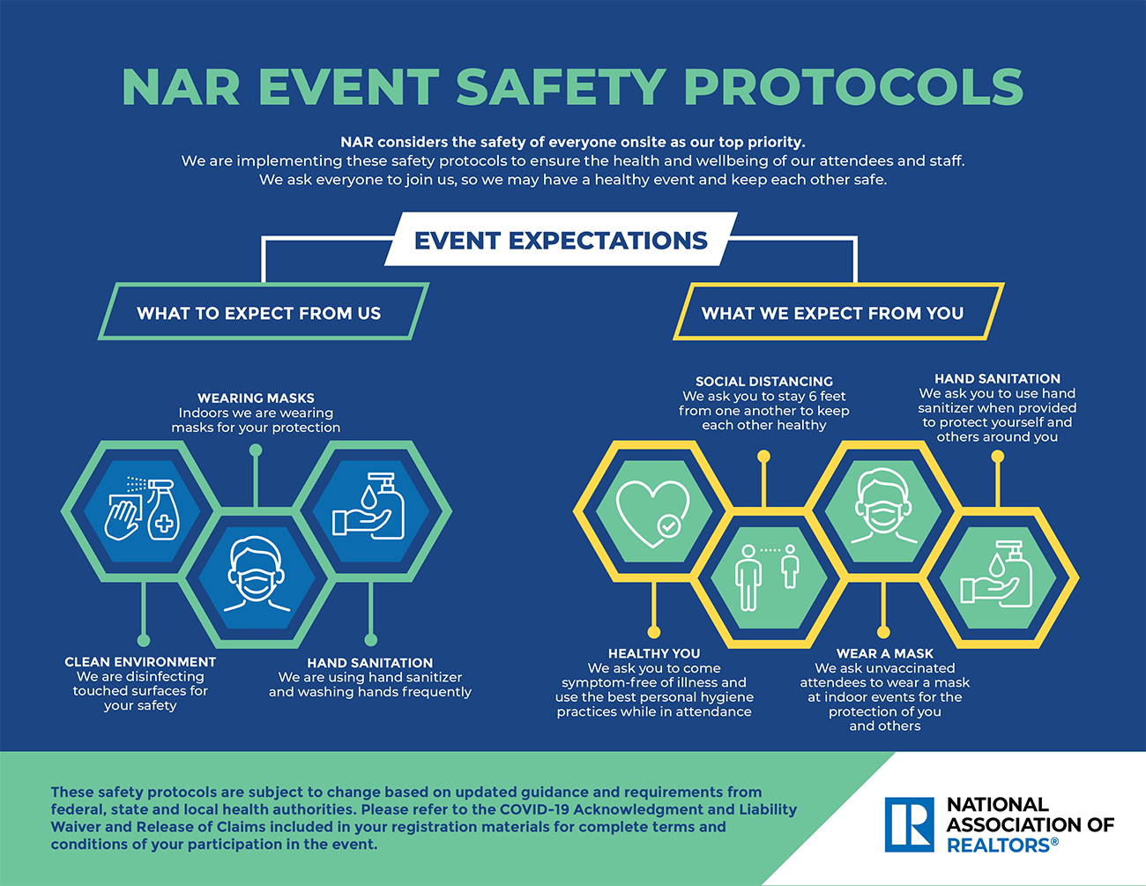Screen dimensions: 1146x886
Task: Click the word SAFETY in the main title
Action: coord(561,86)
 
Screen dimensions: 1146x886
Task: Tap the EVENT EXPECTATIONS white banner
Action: coord(561,239)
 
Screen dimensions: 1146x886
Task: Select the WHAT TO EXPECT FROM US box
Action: coord(264,312)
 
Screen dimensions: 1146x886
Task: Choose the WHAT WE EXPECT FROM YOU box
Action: coord(838,312)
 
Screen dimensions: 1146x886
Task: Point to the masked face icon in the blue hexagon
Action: coord(257,574)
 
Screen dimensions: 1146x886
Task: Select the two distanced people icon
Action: coord(767,577)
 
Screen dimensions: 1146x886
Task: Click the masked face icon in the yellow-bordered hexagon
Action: coord(884,506)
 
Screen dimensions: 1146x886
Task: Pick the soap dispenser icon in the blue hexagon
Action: coord(368,506)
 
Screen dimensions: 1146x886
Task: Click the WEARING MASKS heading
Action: coord(256,398)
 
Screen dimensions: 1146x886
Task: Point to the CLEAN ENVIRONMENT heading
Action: coord(140,662)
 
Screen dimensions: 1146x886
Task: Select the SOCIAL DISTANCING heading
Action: coord(764,382)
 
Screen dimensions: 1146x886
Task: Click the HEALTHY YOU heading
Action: coord(654,653)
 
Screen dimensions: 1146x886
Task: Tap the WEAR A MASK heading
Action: coord(885,653)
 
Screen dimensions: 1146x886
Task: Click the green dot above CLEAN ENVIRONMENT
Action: coord(144,640)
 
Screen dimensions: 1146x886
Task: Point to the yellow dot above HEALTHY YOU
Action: coord(654,632)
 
